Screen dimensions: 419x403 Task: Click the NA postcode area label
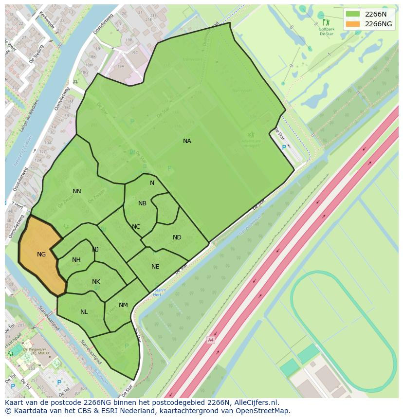[187, 141]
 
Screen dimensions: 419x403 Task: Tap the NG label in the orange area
[41, 255]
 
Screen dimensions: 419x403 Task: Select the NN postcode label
[76, 191]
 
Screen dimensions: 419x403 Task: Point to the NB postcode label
[142, 203]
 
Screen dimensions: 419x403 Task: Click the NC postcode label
[136, 227]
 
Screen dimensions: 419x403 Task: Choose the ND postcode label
[177, 237]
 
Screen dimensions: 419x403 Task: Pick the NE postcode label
[155, 267]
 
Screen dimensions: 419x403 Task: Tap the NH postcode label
[76, 260]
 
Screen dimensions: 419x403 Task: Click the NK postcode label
[96, 282]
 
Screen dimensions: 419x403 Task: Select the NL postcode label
[84, 312]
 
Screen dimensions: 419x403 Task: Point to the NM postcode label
[123, 305]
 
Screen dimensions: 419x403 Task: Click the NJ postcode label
[95, 250]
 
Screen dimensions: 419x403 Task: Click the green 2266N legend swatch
[353, 14]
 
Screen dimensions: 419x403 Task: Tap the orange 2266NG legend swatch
[353, 24]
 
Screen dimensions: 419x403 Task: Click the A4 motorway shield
[210, 340]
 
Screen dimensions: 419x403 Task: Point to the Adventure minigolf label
[251, 143]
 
